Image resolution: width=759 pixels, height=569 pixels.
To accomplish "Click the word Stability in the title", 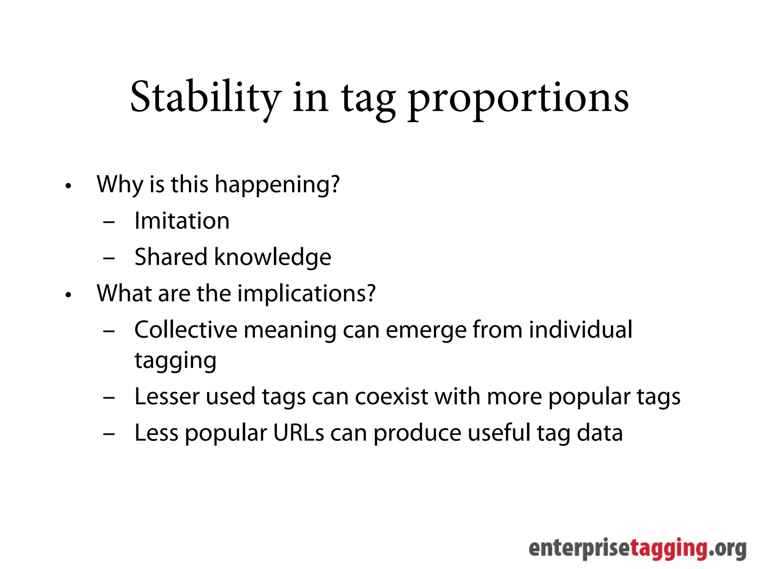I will [x=206, y=97].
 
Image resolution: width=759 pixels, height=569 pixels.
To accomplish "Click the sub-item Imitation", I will [x=182, y=221].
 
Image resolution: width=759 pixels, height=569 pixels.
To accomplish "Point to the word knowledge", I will [x=273, y=257].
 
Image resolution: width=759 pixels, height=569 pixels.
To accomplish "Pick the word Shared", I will [x=171, y=257].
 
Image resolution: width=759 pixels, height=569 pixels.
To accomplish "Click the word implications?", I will [x=306, y=293].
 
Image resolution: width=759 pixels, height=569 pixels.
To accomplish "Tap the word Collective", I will [x=186, y=330].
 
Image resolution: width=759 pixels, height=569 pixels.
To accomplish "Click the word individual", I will [x=580, y=330].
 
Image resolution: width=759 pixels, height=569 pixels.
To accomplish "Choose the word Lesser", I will [x=167, y=396].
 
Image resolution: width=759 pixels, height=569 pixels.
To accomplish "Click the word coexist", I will [x=392, y=396].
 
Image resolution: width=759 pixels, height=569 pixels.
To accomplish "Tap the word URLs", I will [x=299, y=433].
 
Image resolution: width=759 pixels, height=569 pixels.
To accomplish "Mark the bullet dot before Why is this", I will [x=68, y=186].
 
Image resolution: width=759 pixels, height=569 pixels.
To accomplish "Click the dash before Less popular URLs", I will [x=109, y=433].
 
